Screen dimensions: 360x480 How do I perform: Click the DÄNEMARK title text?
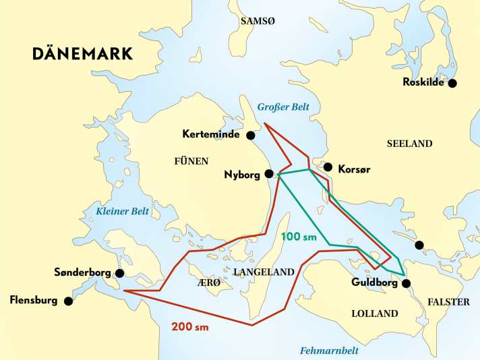click(x=83, y=55)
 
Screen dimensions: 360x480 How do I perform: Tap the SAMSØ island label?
click(x=259, y=21)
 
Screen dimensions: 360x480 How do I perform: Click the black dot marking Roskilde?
click(x=452, y=84)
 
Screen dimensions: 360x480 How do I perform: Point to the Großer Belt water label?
click(x=285, y=107)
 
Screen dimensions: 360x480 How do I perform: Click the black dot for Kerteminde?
click(x=250, y=136)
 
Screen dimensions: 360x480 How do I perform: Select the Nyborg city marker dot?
click(x=269, y=174)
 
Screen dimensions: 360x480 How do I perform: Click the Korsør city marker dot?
click(x=328, y=167)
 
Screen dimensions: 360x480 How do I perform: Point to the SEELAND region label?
click(x=409, y=144)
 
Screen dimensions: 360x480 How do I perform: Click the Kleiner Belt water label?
click(x=122, y=212)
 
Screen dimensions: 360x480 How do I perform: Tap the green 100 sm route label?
click(x=300, y=237)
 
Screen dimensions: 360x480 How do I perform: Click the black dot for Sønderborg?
click(x=119, y=273)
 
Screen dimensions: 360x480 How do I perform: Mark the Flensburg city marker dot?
click(x=68, y=301)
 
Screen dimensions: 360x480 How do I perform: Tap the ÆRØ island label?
click(x=209, y=283)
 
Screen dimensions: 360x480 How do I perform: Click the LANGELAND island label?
click(x=264, y=272)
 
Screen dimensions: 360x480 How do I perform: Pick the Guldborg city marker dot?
click(x=405, y=284)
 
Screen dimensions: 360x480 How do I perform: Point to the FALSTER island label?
click(x=448, y=302)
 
